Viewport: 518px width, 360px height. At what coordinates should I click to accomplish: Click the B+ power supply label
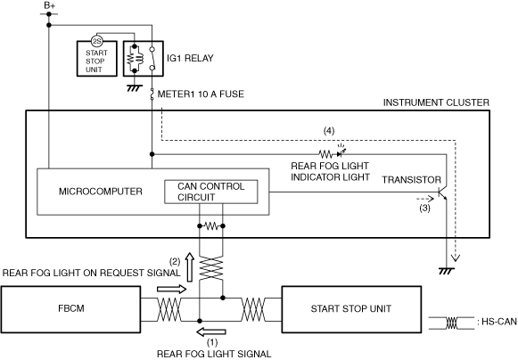point(50,5)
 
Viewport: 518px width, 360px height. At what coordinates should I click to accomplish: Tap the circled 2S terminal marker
point(97,41)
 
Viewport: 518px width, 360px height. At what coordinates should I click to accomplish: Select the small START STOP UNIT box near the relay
point(97,59)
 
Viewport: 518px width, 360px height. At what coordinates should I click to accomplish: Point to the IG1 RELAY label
point(190,58)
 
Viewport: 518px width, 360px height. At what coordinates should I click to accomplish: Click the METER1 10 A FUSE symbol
point(152,94)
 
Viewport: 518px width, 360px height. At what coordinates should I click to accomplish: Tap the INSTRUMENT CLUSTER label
point(436,102)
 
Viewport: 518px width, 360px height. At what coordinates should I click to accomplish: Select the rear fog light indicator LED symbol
point(341,152)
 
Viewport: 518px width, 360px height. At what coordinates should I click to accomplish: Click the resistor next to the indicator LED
point(325,154)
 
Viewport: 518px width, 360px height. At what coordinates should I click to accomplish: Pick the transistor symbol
point(442,193)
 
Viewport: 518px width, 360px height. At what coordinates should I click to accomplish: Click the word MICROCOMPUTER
point(101,192)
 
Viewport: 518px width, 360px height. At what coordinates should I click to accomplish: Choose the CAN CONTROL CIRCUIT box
point(211,192)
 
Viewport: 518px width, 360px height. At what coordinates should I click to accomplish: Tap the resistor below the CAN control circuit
point(211,226)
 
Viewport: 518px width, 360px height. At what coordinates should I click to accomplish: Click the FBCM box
point(71,309)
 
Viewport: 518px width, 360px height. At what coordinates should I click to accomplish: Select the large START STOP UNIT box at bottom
point(351,309)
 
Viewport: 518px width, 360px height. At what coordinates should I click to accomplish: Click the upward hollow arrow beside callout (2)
point(190,267)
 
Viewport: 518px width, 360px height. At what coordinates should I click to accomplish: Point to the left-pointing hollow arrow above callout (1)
point(211,331)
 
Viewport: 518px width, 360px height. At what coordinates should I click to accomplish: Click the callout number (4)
point(329,131)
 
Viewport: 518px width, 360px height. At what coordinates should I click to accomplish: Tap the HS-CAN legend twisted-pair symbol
point(452,323)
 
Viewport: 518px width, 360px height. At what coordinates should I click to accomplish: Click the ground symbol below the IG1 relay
point(135,88)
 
